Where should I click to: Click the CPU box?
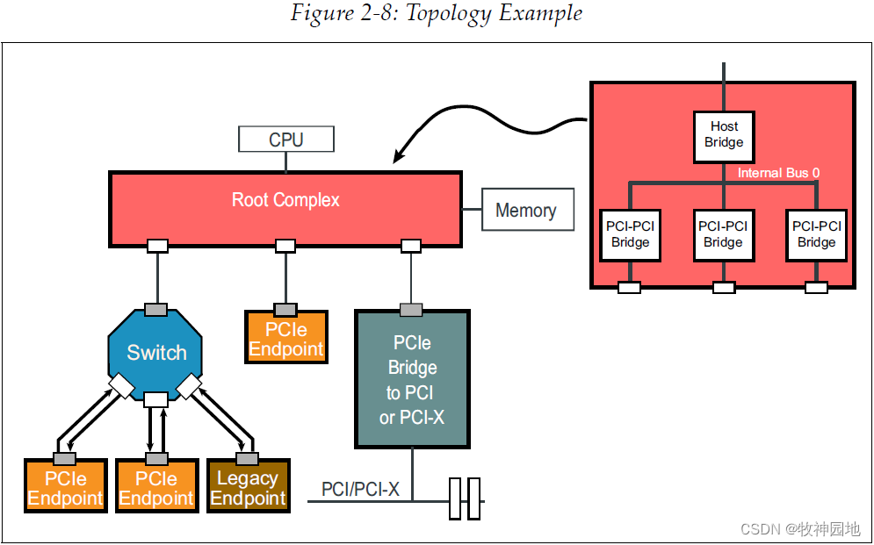[x=285, y=140]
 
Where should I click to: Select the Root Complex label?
[x=285, y=200]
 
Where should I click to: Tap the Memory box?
[x=525, y=211]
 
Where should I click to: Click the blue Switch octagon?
[x=155, y=353]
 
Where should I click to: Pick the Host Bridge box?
[x=724, y=135]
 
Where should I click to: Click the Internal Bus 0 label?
[x=778, y=173]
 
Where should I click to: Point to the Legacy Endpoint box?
[x=248, y=489]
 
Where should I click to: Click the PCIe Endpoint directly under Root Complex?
[x=285, y=340]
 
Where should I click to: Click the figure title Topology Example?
[x=437, y=14]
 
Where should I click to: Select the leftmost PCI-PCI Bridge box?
[x=631, y=234]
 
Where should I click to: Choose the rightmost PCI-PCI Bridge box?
[x=816, y=234]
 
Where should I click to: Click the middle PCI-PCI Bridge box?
[x=723, y=234]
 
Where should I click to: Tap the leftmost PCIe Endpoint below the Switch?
[x=66, y=489]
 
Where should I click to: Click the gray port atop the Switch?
[x=156, y=309]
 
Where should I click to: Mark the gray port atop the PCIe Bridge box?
[x=411, y=309]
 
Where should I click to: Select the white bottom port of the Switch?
[x=156, y=400]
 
